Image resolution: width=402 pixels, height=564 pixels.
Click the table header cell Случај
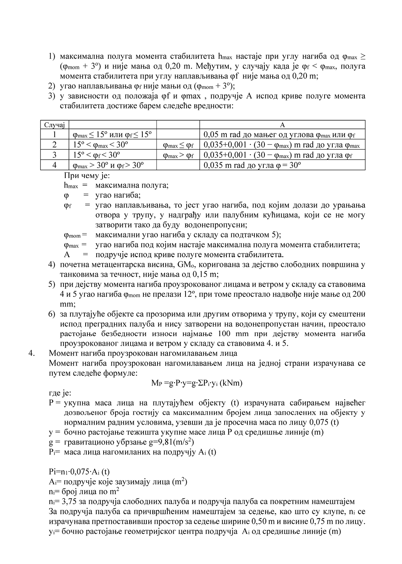[55, 125]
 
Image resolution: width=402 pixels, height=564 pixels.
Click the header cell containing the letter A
[283, 125]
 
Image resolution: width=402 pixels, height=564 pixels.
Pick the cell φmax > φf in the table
[178, 155]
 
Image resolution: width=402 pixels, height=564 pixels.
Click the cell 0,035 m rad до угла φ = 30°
[252, 165]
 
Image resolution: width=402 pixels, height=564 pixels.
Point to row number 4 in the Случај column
[55, 165]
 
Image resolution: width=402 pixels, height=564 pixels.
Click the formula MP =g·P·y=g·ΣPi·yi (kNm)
[197, 383]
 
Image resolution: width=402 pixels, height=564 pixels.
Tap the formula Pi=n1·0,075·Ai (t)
[79, 471]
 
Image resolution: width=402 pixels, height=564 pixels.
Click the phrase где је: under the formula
[60, 393]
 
